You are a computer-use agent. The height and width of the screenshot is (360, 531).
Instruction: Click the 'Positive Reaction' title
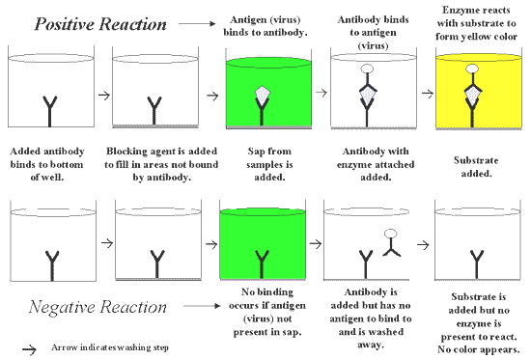coord(100,24)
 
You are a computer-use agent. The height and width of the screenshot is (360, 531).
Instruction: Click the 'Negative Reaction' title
coord(98,307)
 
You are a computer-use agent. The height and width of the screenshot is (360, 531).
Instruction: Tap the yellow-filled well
coord(479,92)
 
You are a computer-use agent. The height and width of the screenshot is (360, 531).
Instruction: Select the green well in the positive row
coord(268,93)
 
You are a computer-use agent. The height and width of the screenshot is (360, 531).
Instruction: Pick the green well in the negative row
coord(263,244)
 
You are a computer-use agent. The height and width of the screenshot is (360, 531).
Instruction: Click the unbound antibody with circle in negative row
coord(391,243)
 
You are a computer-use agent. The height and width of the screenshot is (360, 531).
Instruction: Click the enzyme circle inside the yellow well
coord(472,69)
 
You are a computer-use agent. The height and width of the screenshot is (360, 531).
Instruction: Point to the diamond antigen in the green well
coord(262,95)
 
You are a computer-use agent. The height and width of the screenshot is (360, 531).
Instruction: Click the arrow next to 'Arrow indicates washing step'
coord(30,349)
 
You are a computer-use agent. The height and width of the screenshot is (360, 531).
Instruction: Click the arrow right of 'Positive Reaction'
coord(197,23)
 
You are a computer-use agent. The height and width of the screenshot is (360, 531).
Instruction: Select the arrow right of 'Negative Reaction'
coord(202,306)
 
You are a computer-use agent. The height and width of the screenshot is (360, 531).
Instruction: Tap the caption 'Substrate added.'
coord(476,167)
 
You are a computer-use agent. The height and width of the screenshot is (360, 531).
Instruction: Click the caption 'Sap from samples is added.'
coord(269,164)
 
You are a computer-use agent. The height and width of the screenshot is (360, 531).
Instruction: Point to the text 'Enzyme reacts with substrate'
coord(476,16)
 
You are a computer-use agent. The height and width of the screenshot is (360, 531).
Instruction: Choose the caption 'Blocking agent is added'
coord(161,151)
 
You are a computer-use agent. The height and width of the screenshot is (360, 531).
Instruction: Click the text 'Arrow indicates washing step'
coord(110,347)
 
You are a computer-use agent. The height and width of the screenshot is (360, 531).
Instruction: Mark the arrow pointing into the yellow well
coord(428,93)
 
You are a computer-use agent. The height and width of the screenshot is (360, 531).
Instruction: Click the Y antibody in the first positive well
coord(50,111)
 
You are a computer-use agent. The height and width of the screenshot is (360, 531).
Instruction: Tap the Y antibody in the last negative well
coord(477,264)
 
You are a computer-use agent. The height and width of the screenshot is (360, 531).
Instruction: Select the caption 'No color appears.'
coord(479,349)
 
